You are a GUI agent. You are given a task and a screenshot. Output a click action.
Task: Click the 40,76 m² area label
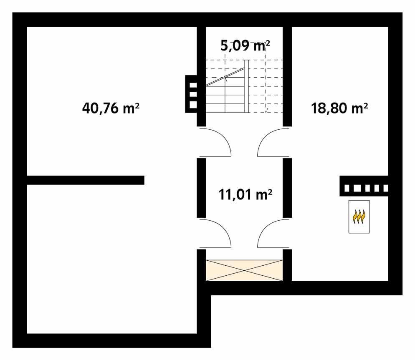[111, 108]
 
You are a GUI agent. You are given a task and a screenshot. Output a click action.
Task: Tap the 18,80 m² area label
[339, 108]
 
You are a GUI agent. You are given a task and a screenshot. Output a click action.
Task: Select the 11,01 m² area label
[245, 194]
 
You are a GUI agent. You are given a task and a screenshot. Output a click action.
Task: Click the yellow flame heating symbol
[359, 217]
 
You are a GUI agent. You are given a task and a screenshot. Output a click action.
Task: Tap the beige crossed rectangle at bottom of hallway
[244, 270]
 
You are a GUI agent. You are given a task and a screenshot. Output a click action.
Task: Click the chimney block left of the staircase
[192, 94]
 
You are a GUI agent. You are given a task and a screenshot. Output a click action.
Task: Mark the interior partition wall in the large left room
[85, 180]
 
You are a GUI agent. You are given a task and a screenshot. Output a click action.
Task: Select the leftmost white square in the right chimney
[347, 189]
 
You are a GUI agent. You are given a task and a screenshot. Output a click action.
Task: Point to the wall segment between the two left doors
[201, 188]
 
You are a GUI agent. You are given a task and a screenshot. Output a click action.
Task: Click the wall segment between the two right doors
[287, 188]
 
